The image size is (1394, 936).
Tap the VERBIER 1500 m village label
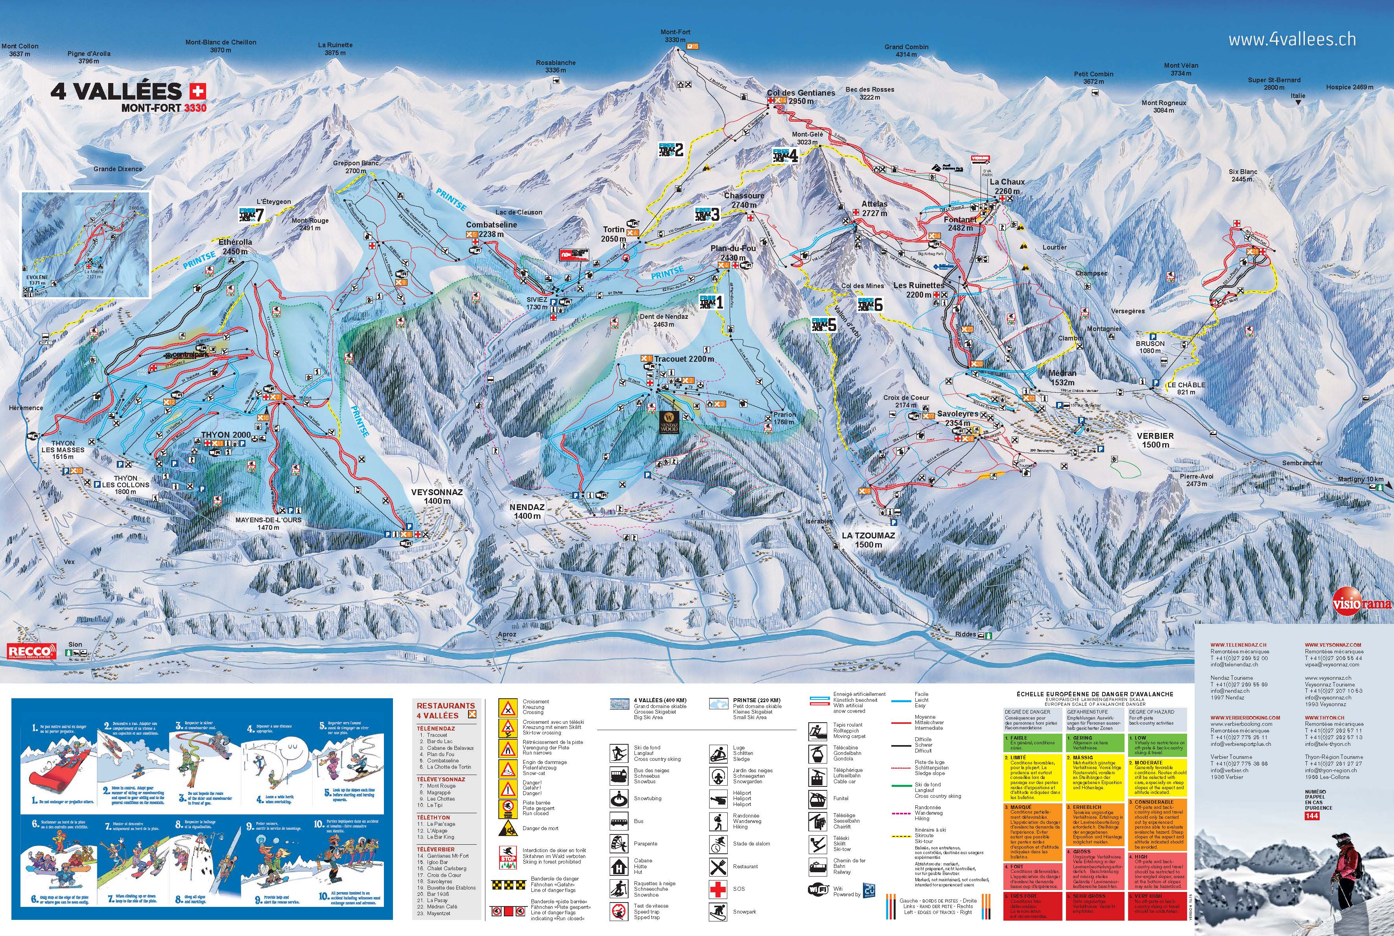click(x=1155, y=440)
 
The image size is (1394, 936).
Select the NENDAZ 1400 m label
click(x=527, y=511)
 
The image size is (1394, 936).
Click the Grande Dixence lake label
click(x=118, y=169)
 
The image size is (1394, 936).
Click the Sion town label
click(x=75, y=645)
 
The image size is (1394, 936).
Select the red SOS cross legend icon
click(x=717, y=889)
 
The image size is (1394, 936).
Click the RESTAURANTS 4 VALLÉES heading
click(x=446, y=710)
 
